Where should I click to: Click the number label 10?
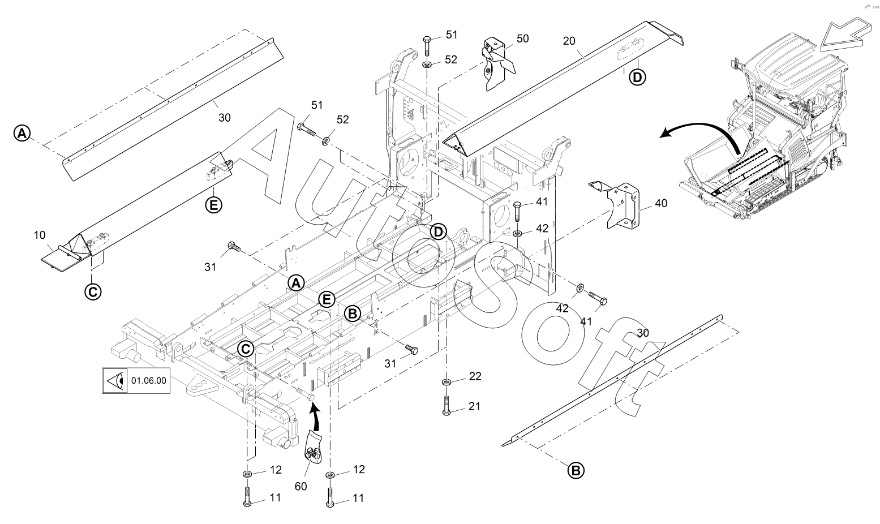[40, 235]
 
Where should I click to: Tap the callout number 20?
[569, 41]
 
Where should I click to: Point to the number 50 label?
[522, 38]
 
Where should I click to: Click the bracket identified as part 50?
[497, 65]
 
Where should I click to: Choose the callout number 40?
[661, 203]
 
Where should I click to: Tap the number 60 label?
[301, 487]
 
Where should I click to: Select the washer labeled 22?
[446, 381]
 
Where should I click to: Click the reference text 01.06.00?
[148, 381]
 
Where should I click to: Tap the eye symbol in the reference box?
[117, 381]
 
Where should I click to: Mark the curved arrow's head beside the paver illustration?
[665, 134]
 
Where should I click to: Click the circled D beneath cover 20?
[637, 78]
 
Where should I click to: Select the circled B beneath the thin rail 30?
[576, 471]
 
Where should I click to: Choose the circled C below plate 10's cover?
[93, 292]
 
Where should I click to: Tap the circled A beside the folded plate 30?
[22, 134]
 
